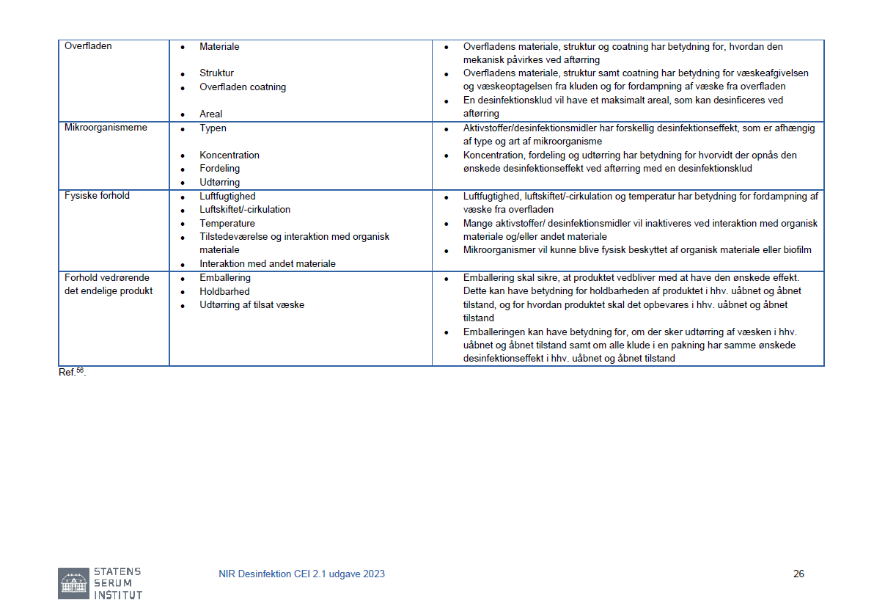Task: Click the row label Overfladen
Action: click(88, 46)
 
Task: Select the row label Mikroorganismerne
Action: click(106, 128)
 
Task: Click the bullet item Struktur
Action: click(216, 73)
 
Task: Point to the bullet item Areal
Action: click(210, 114)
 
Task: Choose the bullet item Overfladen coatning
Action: click(243, 87)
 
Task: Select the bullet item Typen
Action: click(213, 128)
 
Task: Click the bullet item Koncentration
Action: click(229, 156)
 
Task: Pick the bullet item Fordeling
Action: click(219, 169)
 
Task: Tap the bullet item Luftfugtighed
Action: click(227, 197)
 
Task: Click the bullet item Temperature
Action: click(227, 224)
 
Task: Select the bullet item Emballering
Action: click(225, 278)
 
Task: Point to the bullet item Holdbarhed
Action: click(224, 291)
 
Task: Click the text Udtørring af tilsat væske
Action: click(251, 304)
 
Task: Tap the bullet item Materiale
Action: click(219, 47)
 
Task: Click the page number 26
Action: click(798, 574)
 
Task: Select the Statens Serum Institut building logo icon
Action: click(73, 583)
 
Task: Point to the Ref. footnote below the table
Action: click(72, 372)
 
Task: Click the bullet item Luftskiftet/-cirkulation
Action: click(245, 210)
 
